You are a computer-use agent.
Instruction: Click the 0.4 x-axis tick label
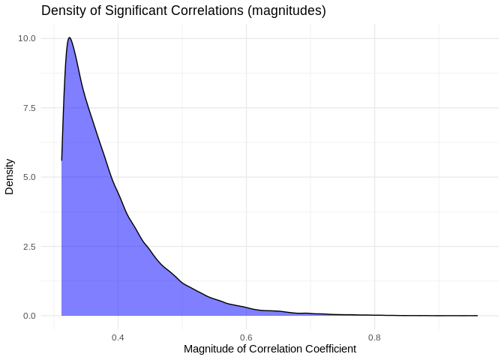(x=118, y=337)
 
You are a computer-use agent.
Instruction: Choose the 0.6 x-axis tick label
(x=246, y=337)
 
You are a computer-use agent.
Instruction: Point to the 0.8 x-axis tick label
(x=374, y=337)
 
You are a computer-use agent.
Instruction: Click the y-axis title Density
(x=10, y=175)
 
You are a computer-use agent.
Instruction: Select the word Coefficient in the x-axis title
(x=329, y=349)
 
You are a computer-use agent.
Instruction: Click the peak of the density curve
(x=69, y=37)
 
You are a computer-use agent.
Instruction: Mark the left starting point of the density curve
(x=61, y=160)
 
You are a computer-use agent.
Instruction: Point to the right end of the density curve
(x=477, y=316)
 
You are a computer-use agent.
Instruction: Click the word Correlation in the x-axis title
(x=274, y=349)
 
